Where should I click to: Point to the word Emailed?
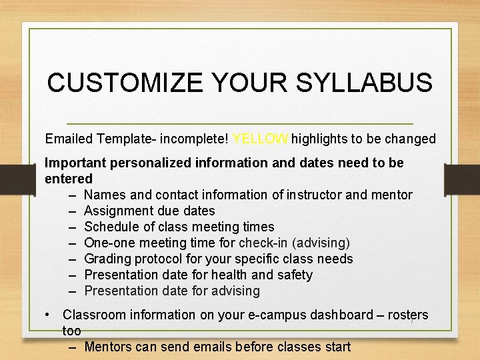click(x=69, y=139)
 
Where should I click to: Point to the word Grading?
click(x=108, y=259)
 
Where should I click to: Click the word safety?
click(x=294, y=275)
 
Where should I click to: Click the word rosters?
click(x=407, y=315)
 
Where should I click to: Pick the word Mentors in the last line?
click(x=109, y=347)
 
